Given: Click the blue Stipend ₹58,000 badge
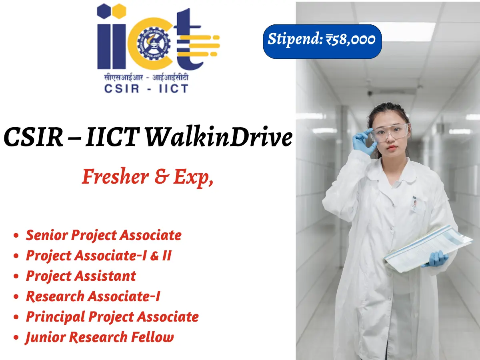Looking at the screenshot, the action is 322,42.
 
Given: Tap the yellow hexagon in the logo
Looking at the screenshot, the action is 119,11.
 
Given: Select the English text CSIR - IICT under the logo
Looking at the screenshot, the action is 146,88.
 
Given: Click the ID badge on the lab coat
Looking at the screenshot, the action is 414,204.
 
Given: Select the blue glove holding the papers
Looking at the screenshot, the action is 435,259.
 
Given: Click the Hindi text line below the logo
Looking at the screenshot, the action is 146,77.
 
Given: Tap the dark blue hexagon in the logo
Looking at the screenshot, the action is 104,11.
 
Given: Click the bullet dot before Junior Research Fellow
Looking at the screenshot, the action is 16,337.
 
